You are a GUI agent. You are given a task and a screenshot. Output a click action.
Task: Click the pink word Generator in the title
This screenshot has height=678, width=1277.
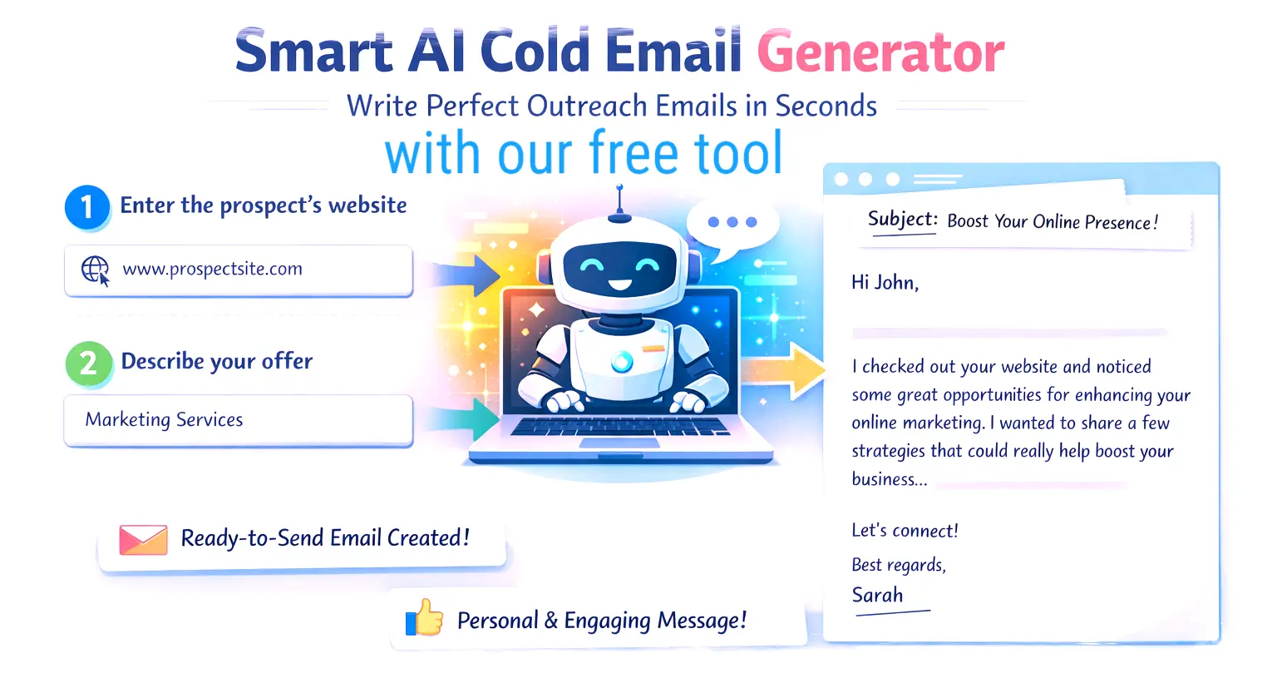[880, 52]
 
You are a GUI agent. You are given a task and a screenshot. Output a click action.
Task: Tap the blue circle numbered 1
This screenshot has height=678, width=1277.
[86, 206]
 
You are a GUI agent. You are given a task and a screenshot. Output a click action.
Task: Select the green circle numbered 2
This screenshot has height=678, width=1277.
[88, 364]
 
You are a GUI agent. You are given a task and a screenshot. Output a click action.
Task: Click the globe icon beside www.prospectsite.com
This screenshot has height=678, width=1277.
[95, 270]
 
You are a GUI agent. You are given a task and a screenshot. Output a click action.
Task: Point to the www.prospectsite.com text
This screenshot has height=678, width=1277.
[212, 269]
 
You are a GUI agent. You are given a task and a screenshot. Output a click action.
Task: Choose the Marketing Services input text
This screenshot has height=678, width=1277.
[164, 419]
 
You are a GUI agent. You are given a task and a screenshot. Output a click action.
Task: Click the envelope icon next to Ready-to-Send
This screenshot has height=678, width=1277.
[143, 539]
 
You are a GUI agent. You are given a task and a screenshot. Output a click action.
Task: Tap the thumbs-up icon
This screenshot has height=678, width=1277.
[425, 618]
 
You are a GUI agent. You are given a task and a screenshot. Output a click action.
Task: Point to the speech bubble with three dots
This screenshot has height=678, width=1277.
[732, 223]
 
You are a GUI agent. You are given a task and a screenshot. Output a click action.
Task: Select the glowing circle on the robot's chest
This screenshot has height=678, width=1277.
[622, 361]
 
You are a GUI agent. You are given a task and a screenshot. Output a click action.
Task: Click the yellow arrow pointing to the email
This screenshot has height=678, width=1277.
[785, 370]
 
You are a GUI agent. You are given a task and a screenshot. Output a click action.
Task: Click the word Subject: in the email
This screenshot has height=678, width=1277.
[902, 220]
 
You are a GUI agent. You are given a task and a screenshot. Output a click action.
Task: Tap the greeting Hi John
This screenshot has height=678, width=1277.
[885, 283]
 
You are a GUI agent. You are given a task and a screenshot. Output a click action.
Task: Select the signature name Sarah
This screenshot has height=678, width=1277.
[877, 595]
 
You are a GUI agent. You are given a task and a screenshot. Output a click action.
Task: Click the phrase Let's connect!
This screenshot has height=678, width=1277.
[905, 531]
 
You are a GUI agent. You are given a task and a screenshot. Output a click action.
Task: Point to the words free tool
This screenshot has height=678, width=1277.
[686, 153]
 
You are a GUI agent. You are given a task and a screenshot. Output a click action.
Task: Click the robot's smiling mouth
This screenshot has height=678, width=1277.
[619, 285]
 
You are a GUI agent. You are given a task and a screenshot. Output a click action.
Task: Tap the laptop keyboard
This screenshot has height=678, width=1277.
[619, 426]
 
